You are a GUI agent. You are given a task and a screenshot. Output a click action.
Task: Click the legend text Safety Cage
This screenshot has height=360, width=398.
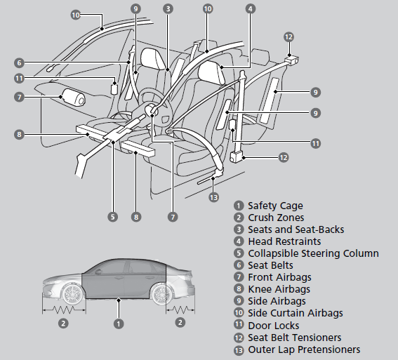pos(275,206)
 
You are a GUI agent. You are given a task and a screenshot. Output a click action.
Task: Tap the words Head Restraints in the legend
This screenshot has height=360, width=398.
pos(284,241)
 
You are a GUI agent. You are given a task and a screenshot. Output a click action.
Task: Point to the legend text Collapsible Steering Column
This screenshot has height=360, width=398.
pos(313,253)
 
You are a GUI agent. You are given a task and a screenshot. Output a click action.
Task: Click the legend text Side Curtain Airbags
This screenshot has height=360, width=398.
pos(296,313)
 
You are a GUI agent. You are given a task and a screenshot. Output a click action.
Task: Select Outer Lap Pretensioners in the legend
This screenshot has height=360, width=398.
pos(304,349)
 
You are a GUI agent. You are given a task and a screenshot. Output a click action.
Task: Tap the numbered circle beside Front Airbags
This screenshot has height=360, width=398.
pos(240,278)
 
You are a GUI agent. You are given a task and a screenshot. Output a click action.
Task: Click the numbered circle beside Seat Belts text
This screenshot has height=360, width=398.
pos(240,266)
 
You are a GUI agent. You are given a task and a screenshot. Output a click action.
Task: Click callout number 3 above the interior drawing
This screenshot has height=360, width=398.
pos(168,8)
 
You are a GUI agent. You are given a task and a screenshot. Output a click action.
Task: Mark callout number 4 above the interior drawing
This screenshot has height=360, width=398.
pos(250,8)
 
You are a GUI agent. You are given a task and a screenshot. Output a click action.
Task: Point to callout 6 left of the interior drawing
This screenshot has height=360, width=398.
pos(19,62)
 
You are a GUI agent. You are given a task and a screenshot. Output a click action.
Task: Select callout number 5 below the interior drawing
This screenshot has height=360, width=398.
pos(112,217)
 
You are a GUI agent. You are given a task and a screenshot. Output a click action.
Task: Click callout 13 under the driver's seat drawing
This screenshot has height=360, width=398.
pos(214,198)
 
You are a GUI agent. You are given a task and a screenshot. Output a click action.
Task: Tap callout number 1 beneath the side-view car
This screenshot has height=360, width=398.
pos(119,324)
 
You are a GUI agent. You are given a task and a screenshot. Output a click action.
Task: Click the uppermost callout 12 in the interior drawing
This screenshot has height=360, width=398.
pos(289,36)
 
